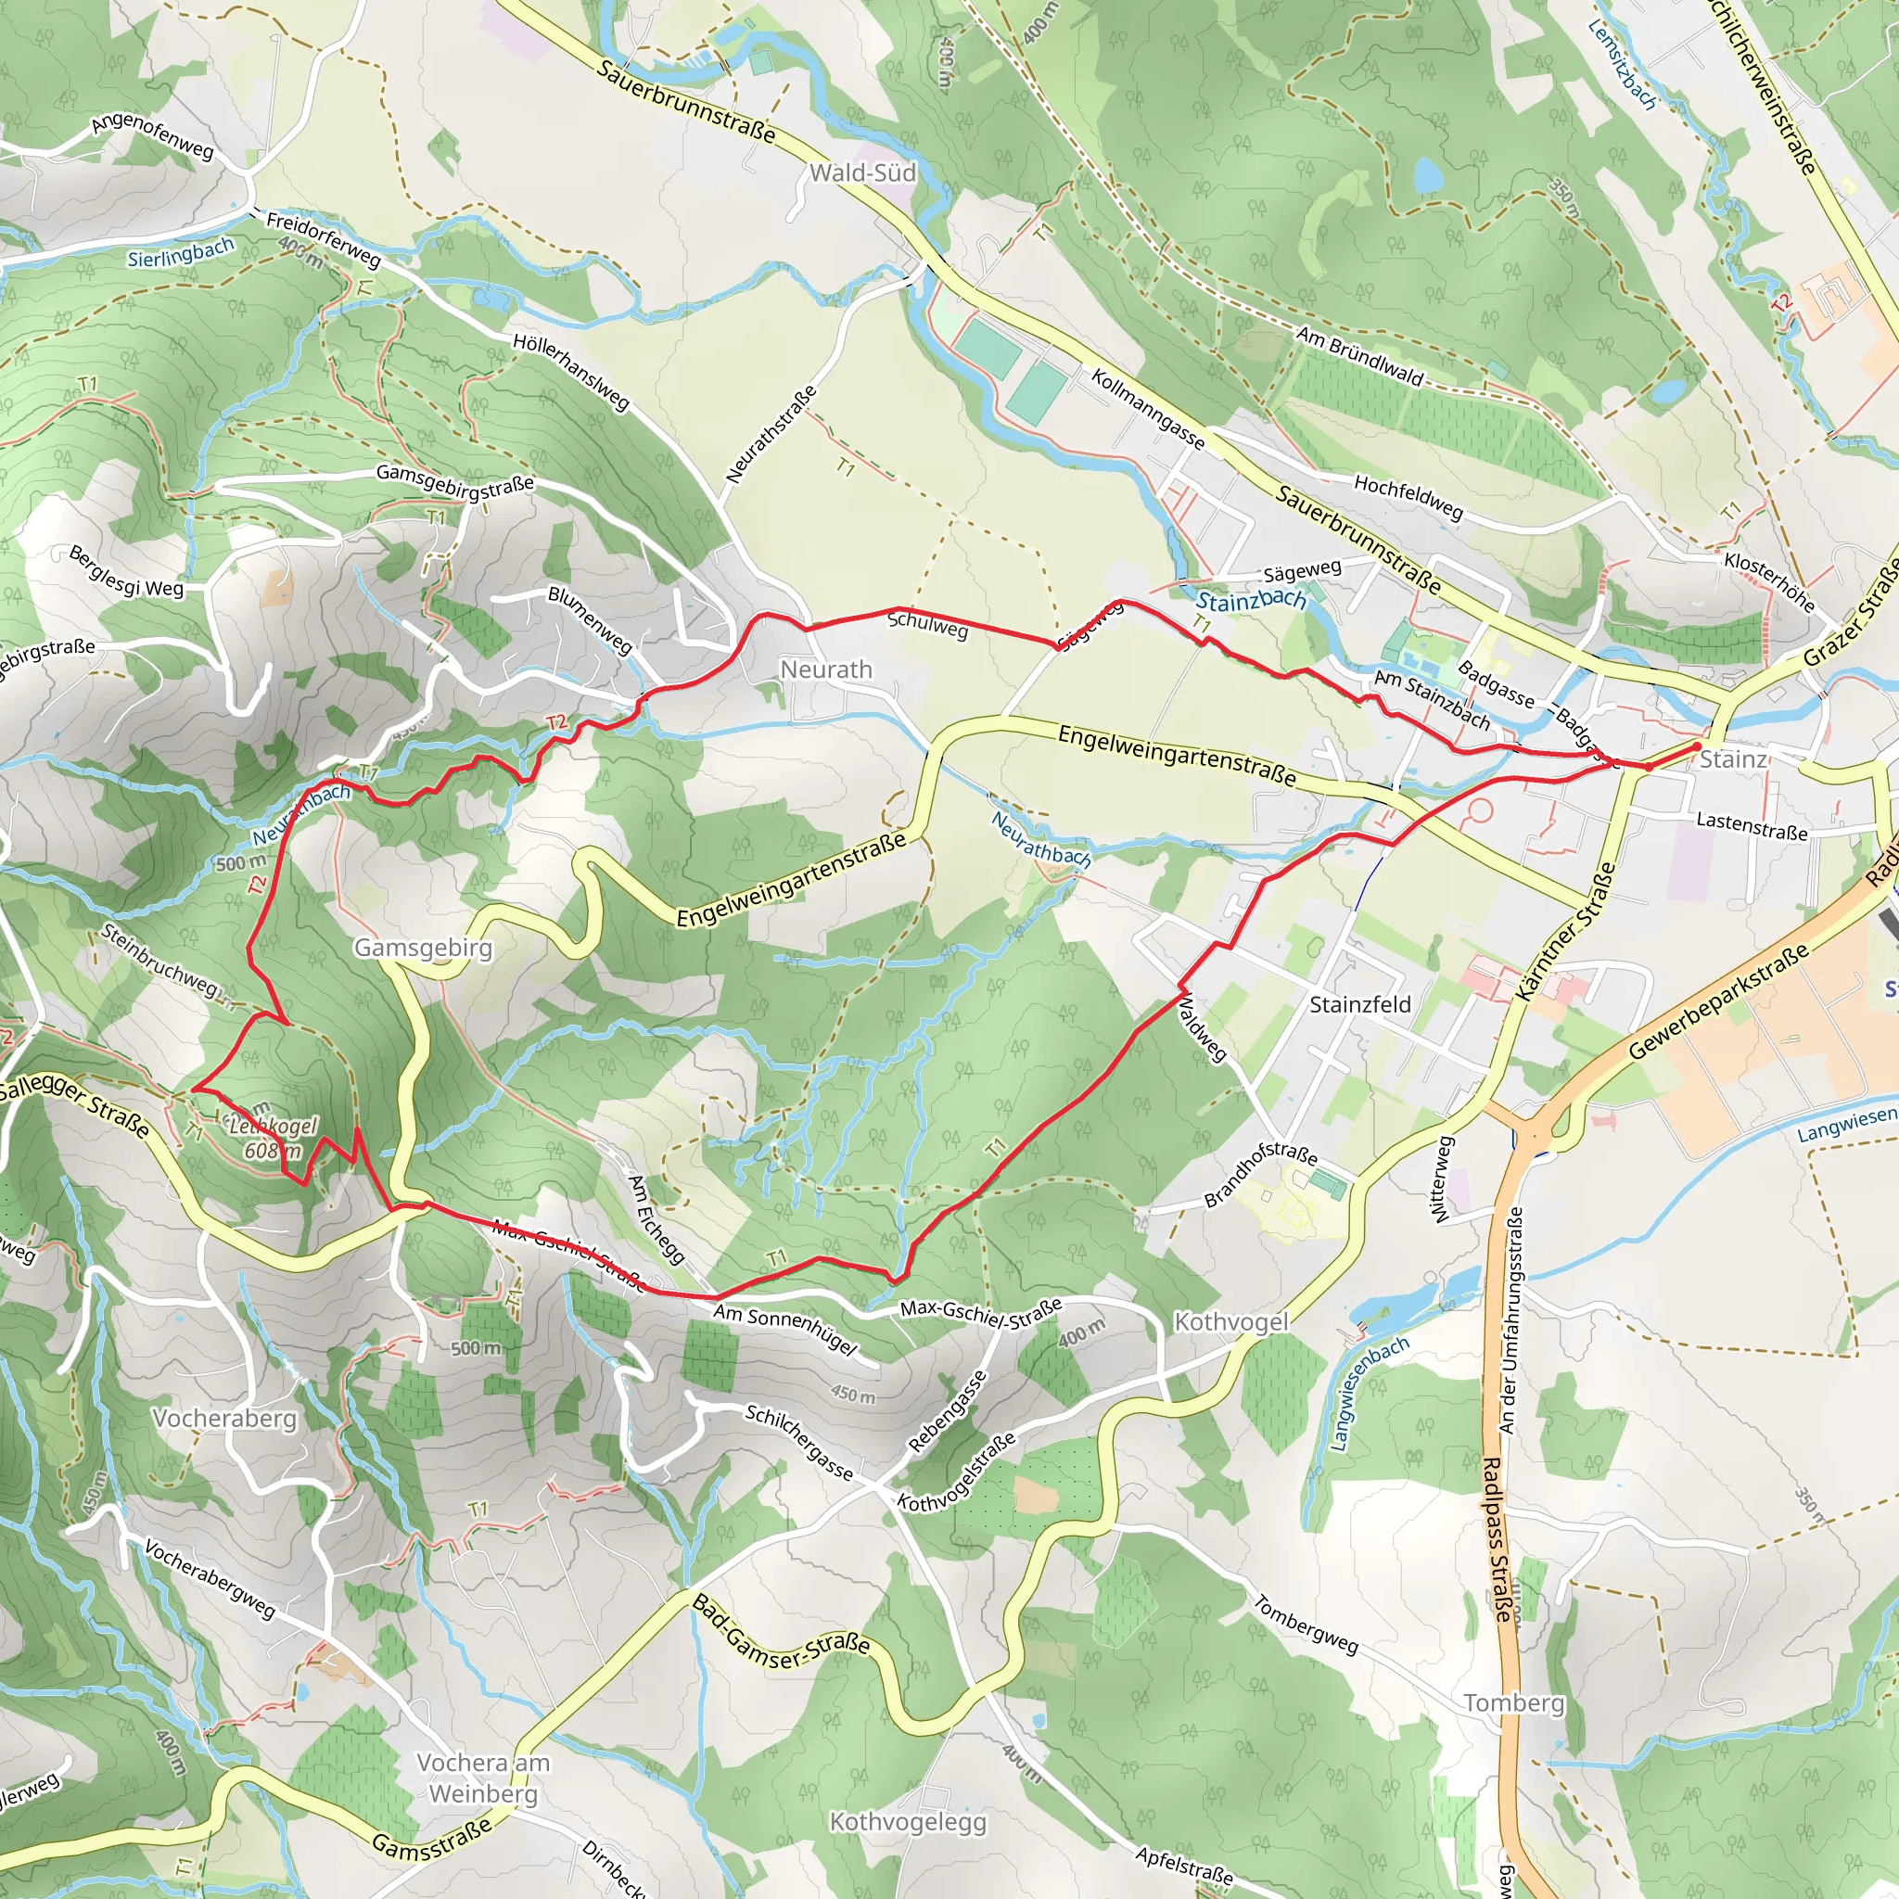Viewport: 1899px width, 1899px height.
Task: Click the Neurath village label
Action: (825, 669)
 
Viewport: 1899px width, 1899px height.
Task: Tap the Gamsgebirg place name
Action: (423, 948)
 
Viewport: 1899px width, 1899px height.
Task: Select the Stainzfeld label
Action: (1359, 1003)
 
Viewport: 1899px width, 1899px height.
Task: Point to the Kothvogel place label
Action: (1230, 1322)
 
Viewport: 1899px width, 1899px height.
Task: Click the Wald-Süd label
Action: (862, 173)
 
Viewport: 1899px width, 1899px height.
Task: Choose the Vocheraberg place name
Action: (224, 1419)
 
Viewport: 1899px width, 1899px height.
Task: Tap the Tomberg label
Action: (1512, 1702)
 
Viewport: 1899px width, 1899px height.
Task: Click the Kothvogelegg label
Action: (907, 1822)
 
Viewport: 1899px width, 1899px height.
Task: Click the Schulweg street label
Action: (928, 625)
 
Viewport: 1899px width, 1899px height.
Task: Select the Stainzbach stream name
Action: (1250, 600)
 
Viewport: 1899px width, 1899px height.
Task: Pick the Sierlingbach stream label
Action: (181, 252)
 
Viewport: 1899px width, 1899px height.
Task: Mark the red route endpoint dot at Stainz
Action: (1696, 747)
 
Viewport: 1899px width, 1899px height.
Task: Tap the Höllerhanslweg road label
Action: (570, 372)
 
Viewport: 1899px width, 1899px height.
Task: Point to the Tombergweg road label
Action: (1305, 1625)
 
